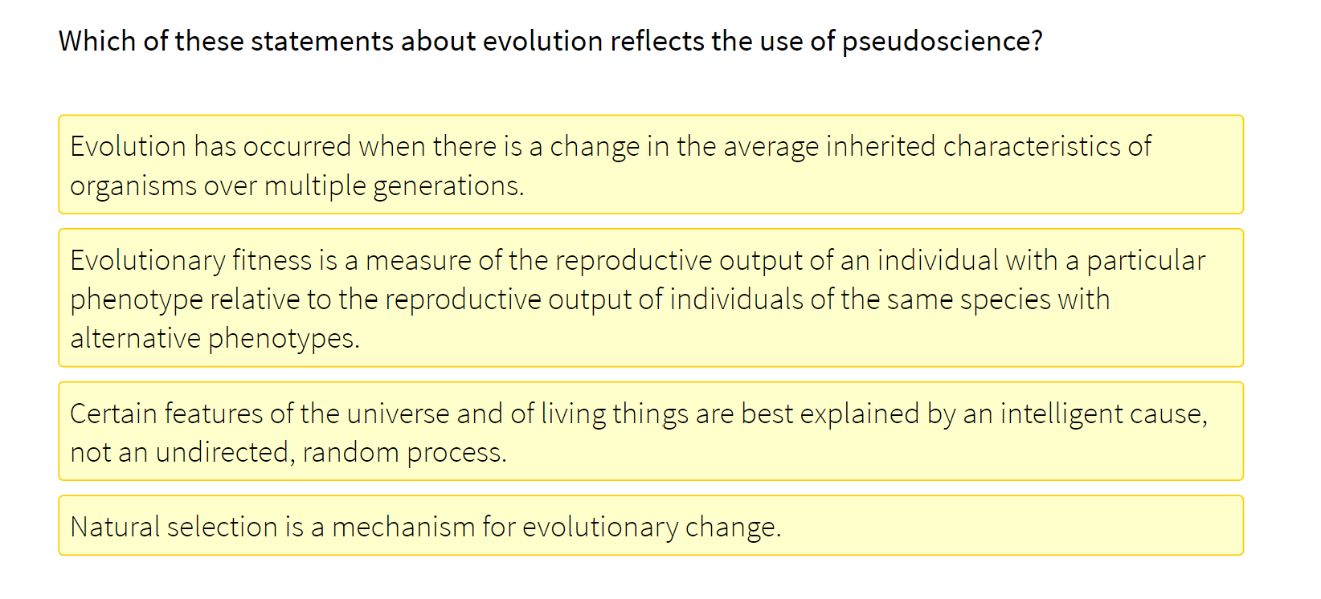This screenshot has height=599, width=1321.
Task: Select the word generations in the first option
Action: coord(448,186)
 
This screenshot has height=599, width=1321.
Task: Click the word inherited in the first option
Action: coord(881,147)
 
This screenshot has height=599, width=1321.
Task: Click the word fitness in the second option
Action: coord(272,261)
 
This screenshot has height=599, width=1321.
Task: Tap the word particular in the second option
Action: coord(1146,261)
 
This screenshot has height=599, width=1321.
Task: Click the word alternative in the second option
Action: coord(135,338)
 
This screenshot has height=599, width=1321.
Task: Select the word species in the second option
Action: coord(1005,299)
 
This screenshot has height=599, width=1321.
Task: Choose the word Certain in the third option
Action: coord(113,414)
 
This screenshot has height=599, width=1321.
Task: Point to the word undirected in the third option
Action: coord(222,453)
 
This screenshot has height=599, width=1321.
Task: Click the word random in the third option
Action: coord(350,453)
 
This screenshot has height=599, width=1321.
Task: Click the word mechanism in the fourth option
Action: coord(403,528)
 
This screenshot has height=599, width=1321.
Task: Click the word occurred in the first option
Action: coord(297,147)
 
